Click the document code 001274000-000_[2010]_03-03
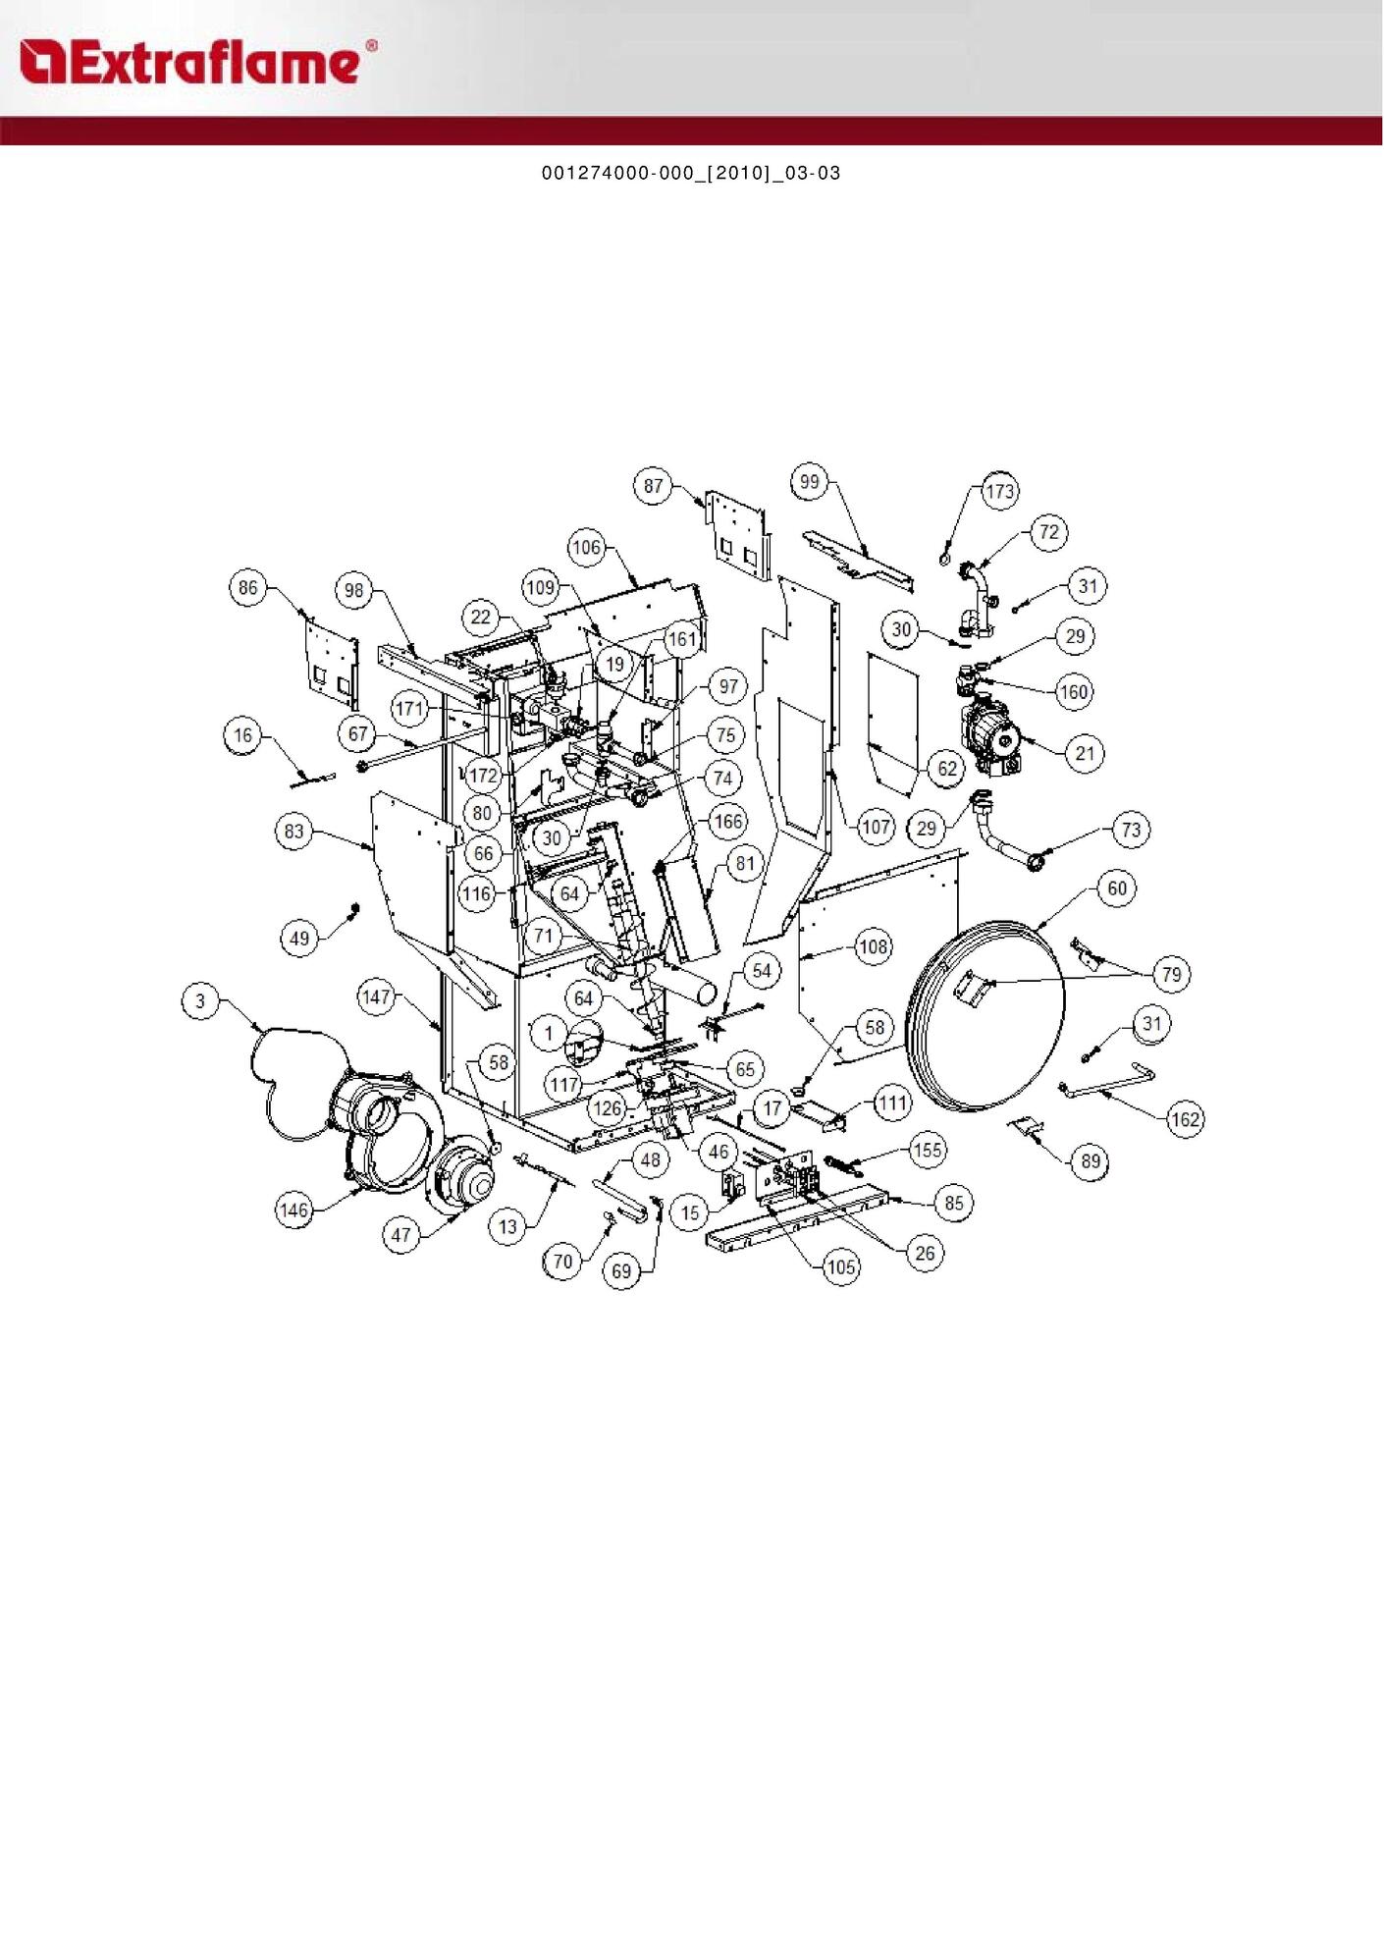click(691, 174)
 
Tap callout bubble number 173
click(999, 491)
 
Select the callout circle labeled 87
click(654, 485)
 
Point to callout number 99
click(809, 481)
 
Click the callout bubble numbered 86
click(247, 588)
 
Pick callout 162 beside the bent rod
click(1186, 1119)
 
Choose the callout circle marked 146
click(294, 1211)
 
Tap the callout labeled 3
click(201, 1001)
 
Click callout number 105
click(841, 1266)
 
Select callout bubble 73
click(1131, 830)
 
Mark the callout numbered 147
click(377, 996)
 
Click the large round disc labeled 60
click(986, 1016)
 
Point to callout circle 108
click(873, 947)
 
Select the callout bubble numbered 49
click(299, 938)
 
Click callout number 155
click(927, 1150)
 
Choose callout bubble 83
click(294, 832)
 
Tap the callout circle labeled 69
click(621, 1271)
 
